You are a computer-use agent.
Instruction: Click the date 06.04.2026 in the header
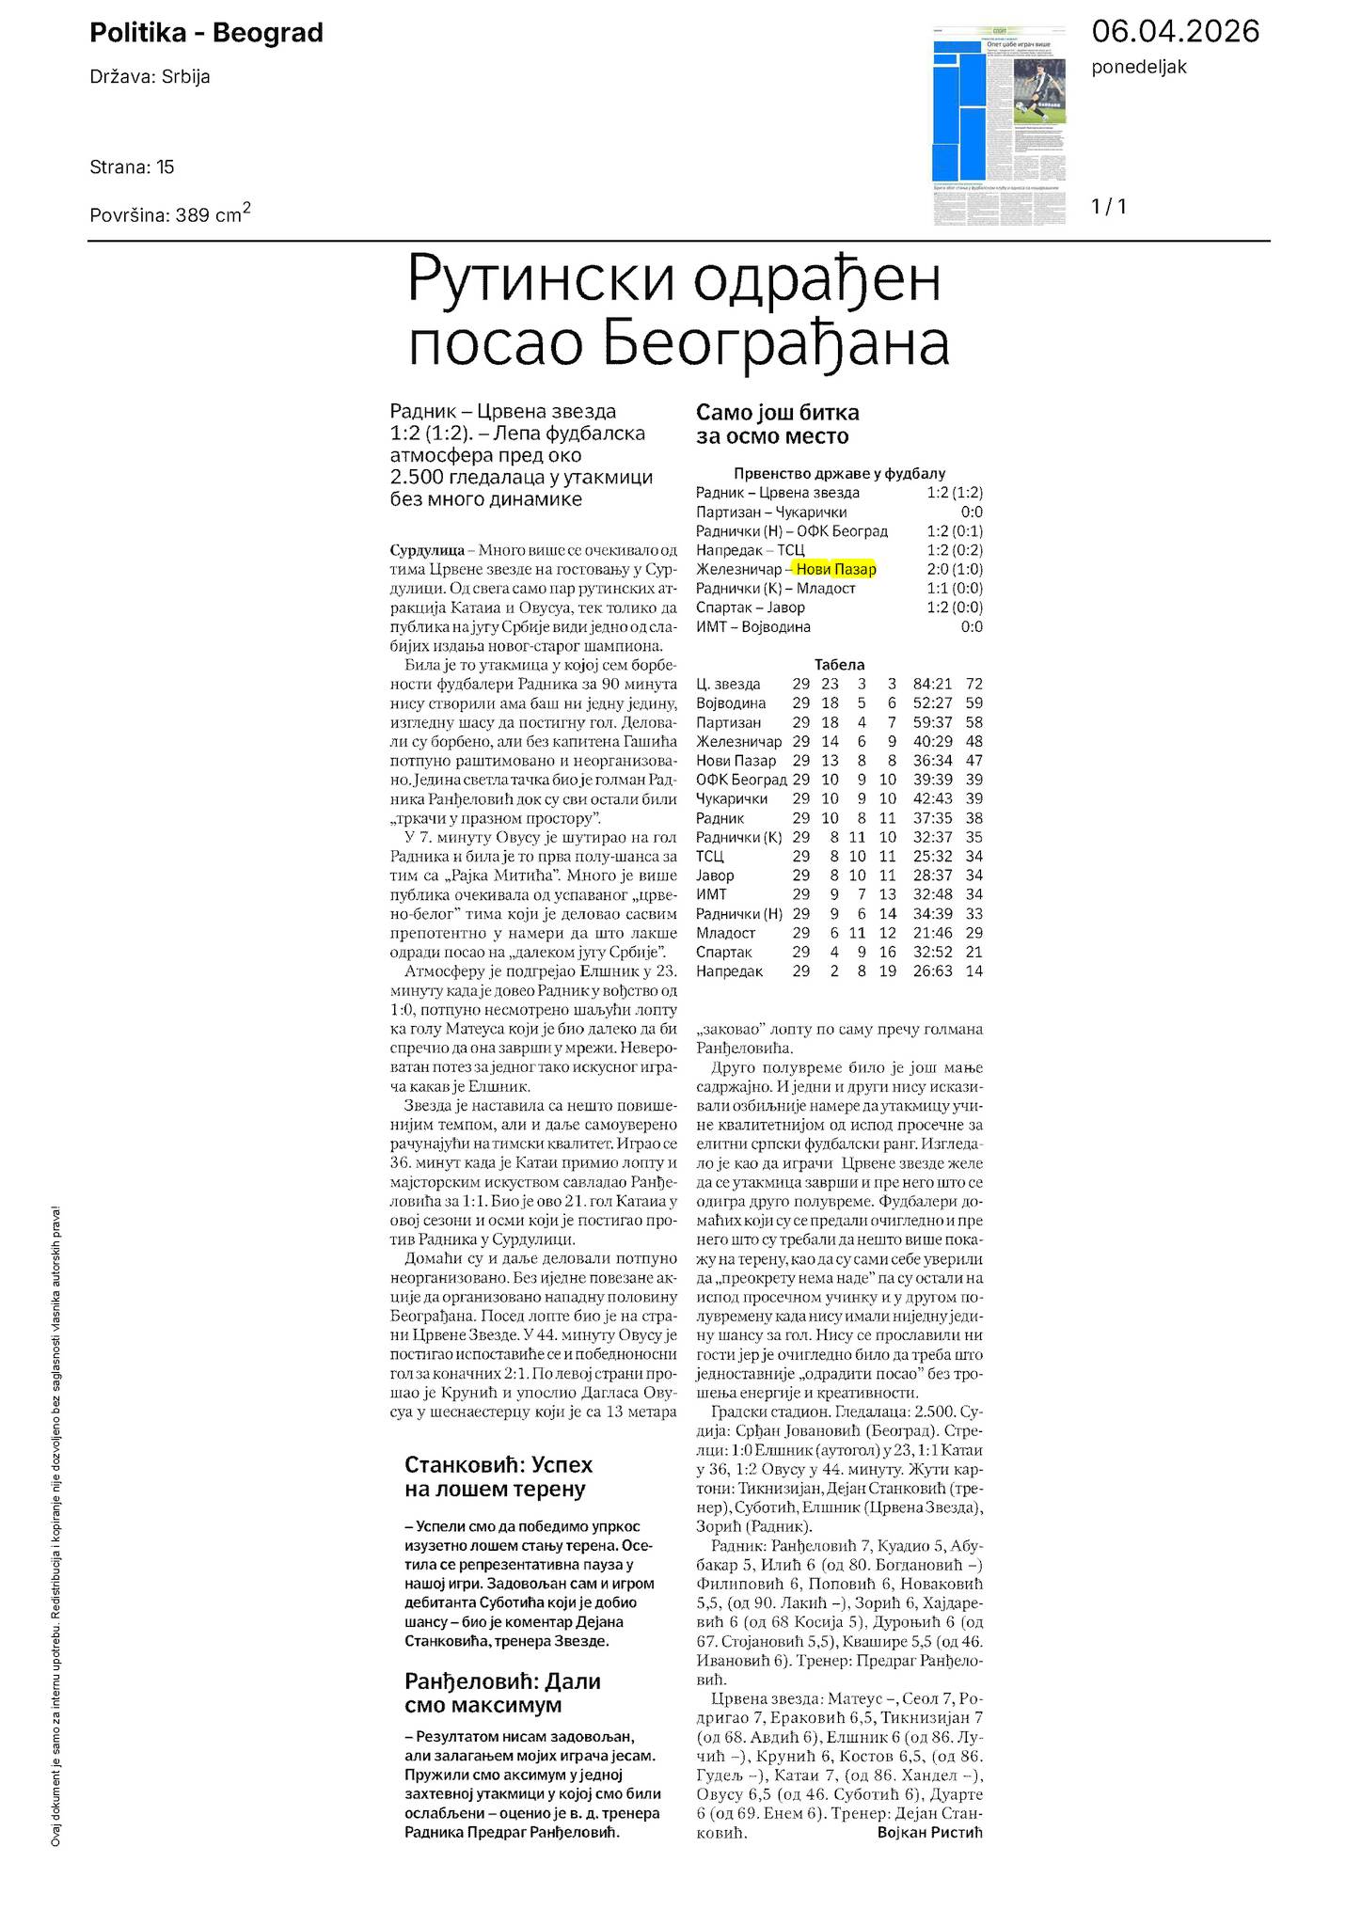pos(1175,32)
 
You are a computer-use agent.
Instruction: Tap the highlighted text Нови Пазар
pos(835,569)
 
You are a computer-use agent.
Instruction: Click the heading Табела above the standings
pos(839,664)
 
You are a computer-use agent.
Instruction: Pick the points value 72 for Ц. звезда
pos(973,684)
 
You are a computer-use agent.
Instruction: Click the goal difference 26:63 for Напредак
pos(932,970)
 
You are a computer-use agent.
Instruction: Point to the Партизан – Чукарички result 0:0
pos(972,512)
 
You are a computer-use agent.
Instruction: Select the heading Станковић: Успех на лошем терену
pos(499,1476)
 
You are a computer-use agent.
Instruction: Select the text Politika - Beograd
pos(206,33)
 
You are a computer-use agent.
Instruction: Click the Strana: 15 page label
pos(132,167)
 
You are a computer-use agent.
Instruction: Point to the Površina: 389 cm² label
pos(169,213)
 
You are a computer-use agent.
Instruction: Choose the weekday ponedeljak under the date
pos(1139,67)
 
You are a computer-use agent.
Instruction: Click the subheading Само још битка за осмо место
pos(777,424)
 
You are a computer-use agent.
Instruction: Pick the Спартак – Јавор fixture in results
pos(750,607)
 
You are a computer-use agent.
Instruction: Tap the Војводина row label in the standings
pos(731,702)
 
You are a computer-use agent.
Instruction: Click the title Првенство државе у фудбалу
pos(839,474)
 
